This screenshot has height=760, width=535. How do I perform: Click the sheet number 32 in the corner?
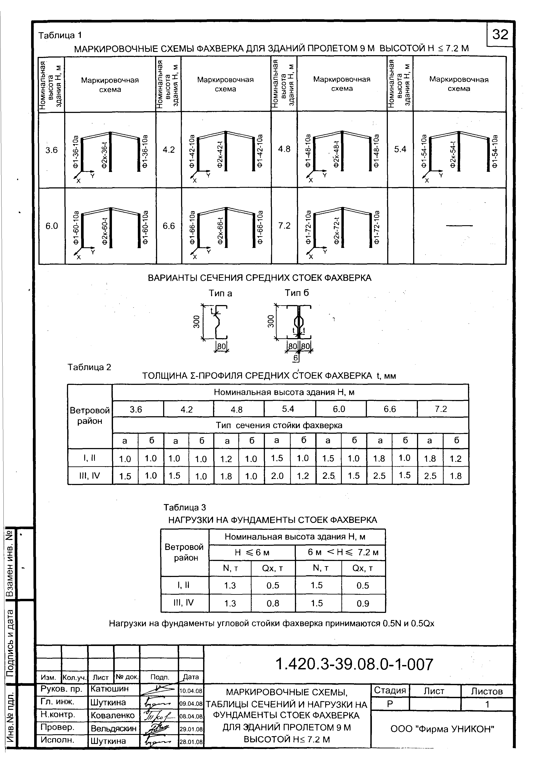[x=500, y=34]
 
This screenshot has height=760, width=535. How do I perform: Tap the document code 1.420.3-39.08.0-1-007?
[x=354, y=664]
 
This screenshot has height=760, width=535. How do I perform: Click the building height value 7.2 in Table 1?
[x=284, y=226]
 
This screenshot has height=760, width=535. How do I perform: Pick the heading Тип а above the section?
[x=220, y=293]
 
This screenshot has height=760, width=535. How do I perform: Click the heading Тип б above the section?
[x=297, y=293]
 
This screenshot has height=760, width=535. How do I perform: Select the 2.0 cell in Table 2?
[x=277, y=476]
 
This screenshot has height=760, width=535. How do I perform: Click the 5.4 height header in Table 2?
[x=288, y=409]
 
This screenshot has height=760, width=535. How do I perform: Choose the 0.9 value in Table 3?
[x=363, y=603]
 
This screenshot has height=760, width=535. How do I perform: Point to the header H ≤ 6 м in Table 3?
[x=252, y=553]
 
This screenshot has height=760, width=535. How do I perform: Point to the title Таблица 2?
[x=89, y=367]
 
